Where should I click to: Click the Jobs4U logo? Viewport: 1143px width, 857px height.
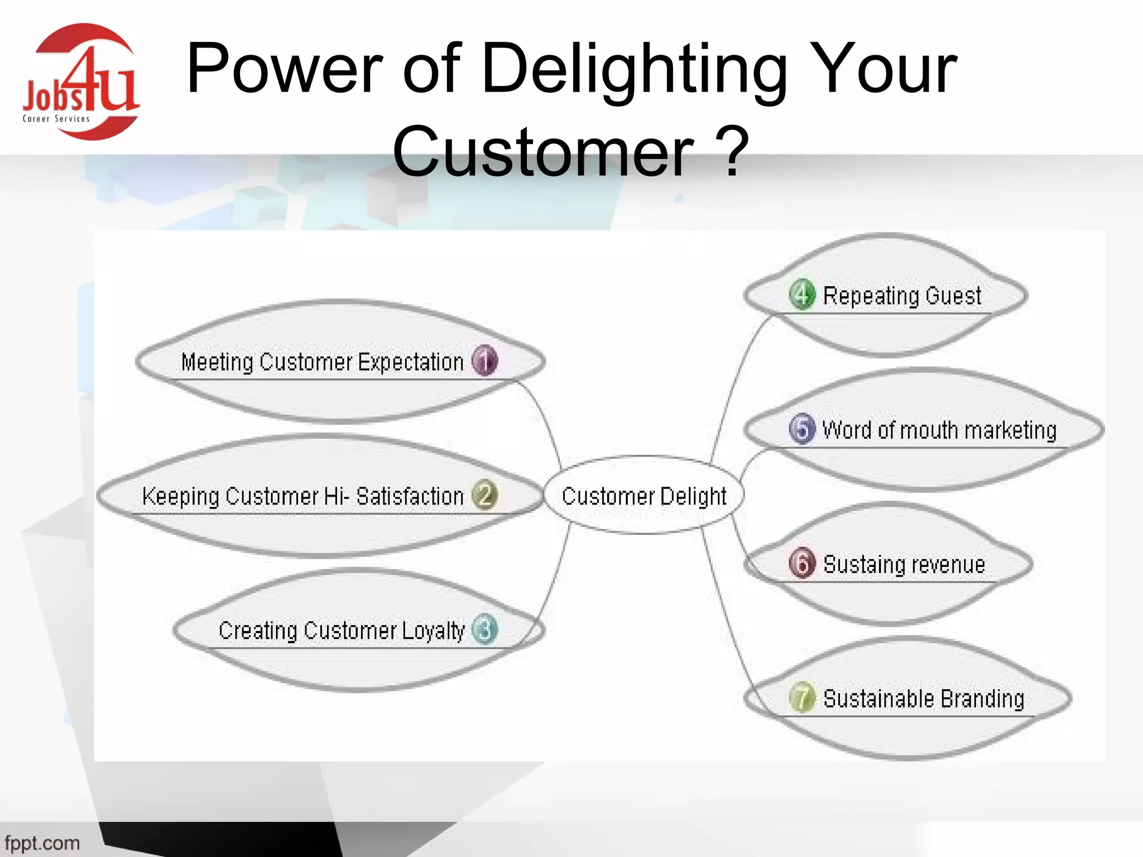tap(81, 82)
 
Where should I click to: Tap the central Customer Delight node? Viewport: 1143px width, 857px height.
tap(643, 495)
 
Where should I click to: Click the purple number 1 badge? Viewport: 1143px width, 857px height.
tap(484, 360)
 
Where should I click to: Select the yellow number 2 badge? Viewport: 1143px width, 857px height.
tap(484, 495)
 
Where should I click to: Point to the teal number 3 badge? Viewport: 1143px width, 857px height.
tap(484, 629)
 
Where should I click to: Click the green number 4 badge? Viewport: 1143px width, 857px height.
tap(802, 294)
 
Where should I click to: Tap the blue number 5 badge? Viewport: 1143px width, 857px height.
tap(802, 428)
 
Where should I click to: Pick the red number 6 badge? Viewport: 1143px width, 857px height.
tap(802, 563)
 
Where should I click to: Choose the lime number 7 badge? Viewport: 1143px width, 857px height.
tap(802, 697)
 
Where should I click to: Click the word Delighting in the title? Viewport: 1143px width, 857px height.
tap(633, 70)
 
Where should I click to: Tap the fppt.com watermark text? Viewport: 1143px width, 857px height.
tap(42, 842)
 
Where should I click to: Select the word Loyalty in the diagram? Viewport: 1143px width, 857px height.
tap(433, 630)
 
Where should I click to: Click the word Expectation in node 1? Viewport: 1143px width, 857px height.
tap(411, 362)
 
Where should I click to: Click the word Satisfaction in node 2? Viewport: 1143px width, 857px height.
tap(410, 496)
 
